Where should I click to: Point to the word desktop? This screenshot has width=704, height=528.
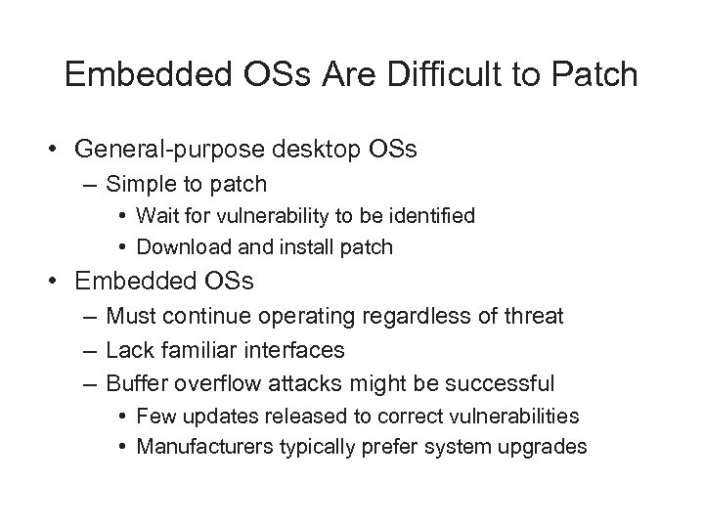(x=311, y=150)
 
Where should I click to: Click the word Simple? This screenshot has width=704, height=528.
(x=137, y=183)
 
